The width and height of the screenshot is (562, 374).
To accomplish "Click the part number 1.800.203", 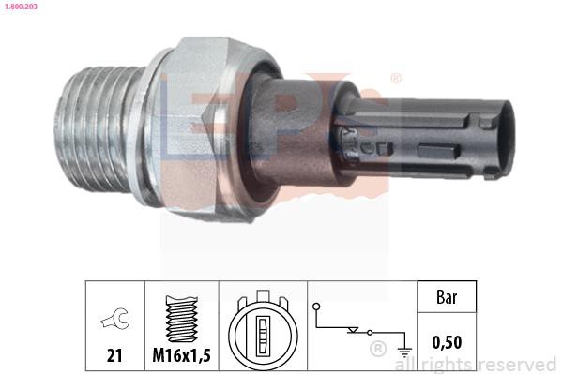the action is tap(21, 7).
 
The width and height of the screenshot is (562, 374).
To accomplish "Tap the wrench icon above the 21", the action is tap(115, 319).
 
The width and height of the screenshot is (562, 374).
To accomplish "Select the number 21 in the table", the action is tap(114, 356).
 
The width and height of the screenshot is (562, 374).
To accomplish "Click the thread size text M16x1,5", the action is tap(182, 355).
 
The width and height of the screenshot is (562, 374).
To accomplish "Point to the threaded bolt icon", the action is tap(182, 319).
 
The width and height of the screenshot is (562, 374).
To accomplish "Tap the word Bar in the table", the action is tap(447, 297).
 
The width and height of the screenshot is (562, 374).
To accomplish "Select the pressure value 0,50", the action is tap(447, 342).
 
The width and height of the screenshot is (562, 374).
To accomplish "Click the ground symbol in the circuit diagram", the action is tap(404, 352).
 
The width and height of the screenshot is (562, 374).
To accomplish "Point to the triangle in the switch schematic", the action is tap(353, 330).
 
